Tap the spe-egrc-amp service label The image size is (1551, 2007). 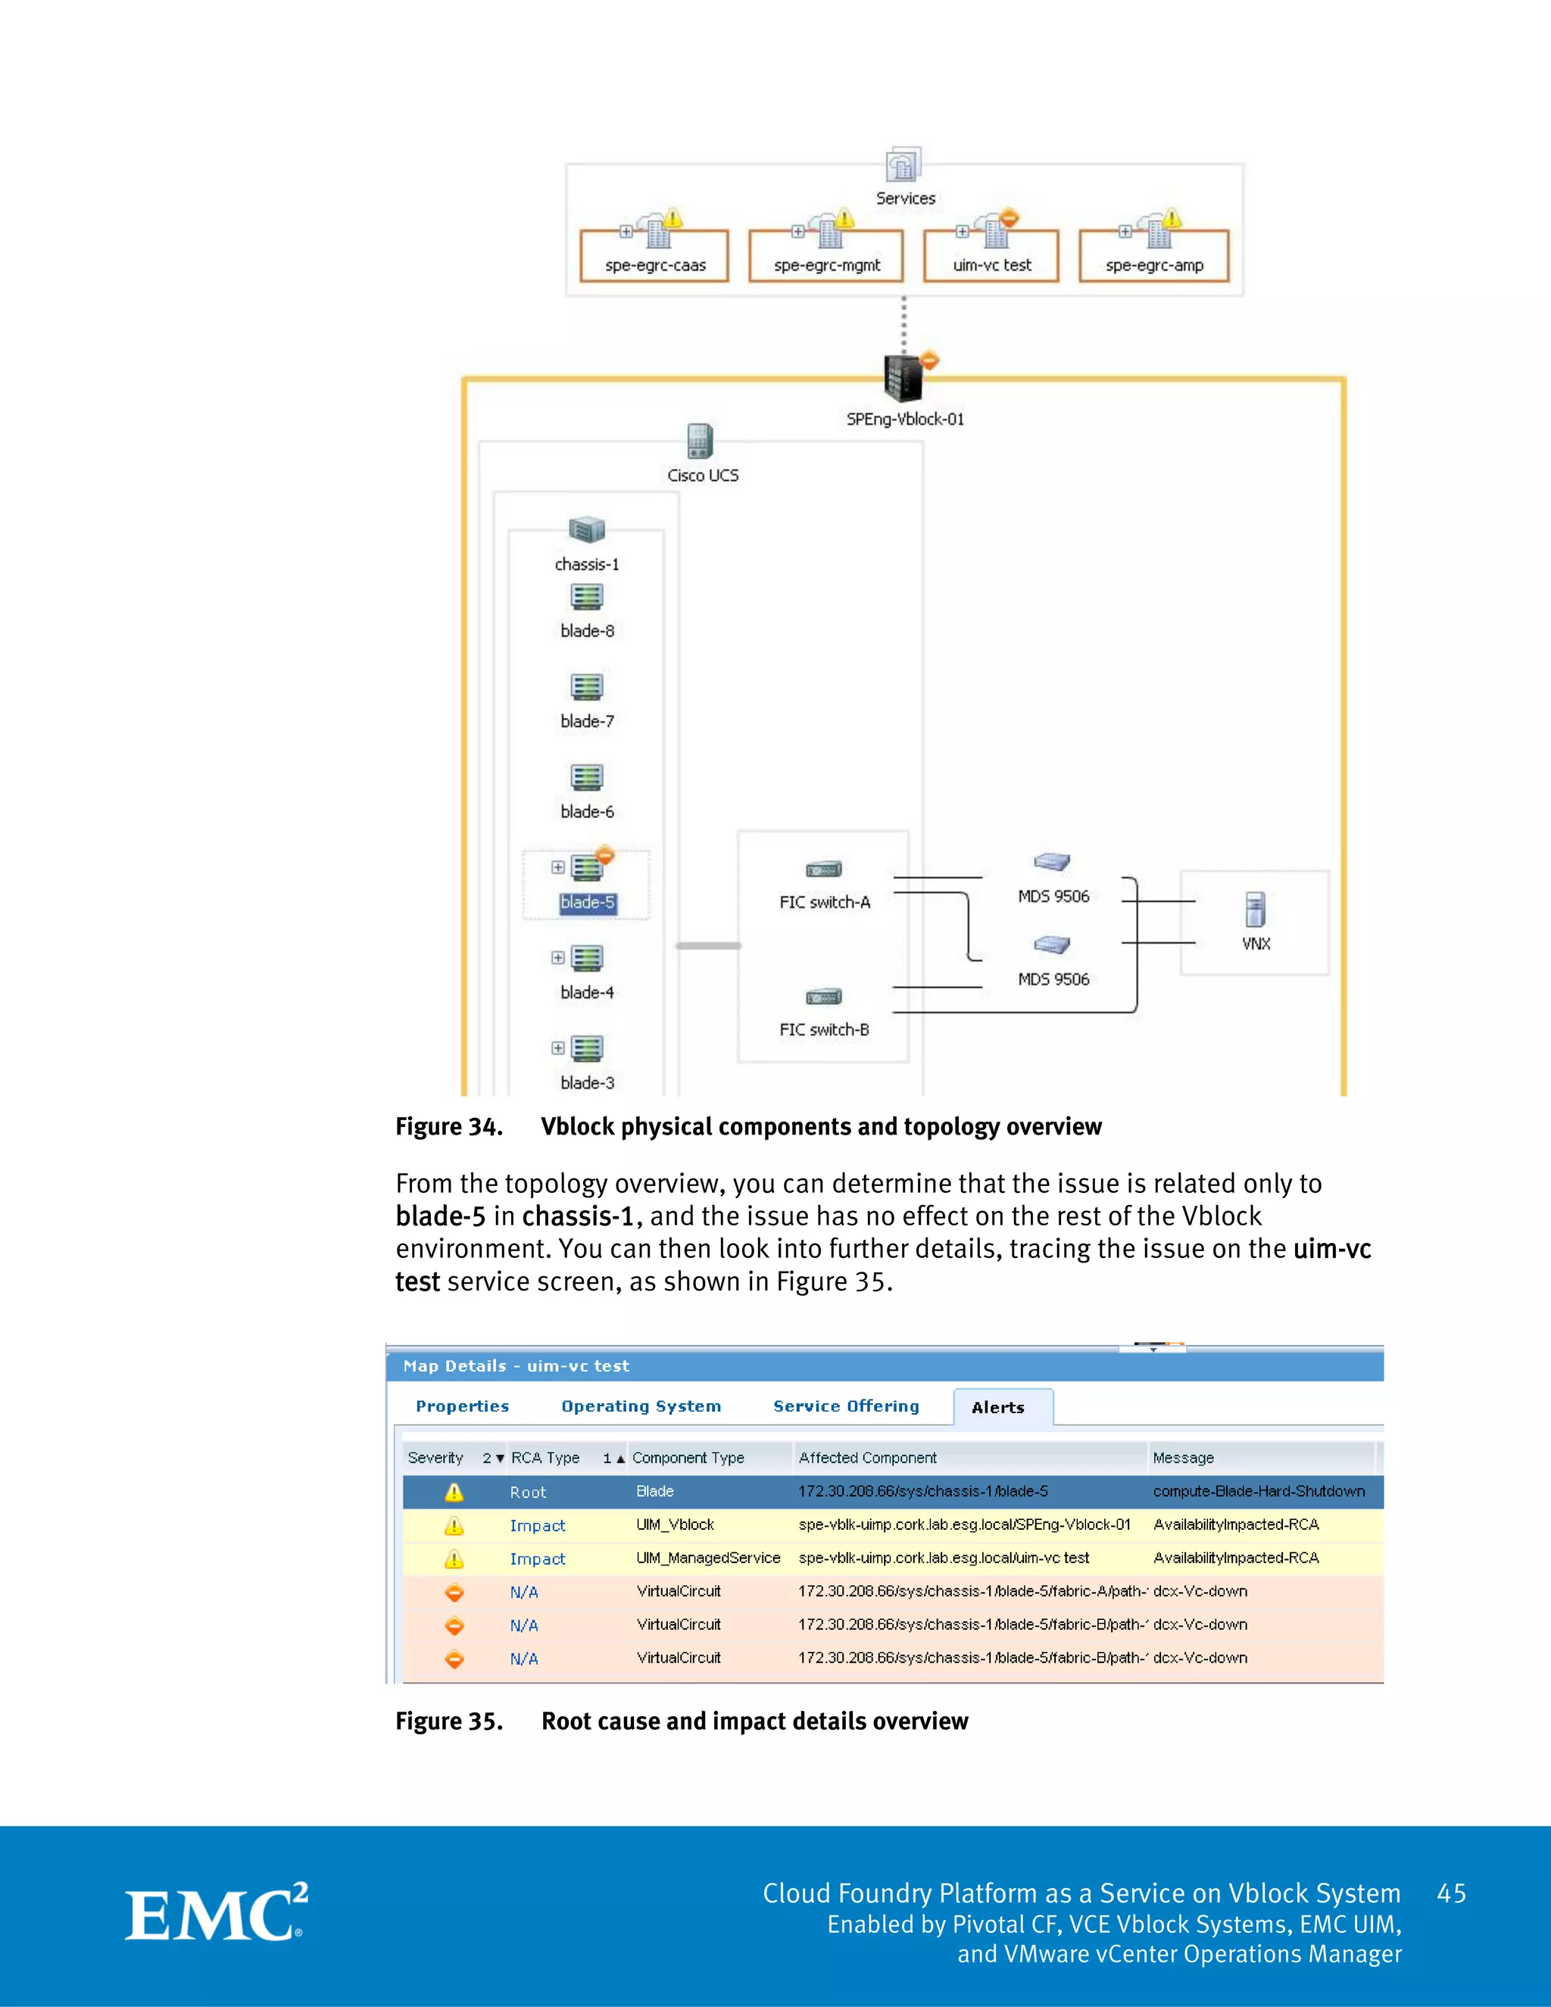tap(1154, 266)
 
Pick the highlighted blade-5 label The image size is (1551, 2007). tap(587, 903)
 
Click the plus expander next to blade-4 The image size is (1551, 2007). tap(557, 957)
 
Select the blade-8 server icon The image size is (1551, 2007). tap(586, 598)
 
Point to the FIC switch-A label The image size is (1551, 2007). tap(824, 903)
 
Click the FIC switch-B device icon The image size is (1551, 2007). tap(823, 997)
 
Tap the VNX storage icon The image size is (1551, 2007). tap(1255, 910)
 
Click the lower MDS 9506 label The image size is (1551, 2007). tap(1053, 979)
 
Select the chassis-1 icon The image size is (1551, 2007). tap(586, 530)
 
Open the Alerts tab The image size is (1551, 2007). tap(998, 1407)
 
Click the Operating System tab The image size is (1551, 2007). tap(641, 1406)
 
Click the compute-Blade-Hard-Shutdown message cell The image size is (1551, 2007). tap(1258, 1490)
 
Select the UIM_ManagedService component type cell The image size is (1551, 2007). tap(707, 1558)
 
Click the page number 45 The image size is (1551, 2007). tap(1451, 1893)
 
